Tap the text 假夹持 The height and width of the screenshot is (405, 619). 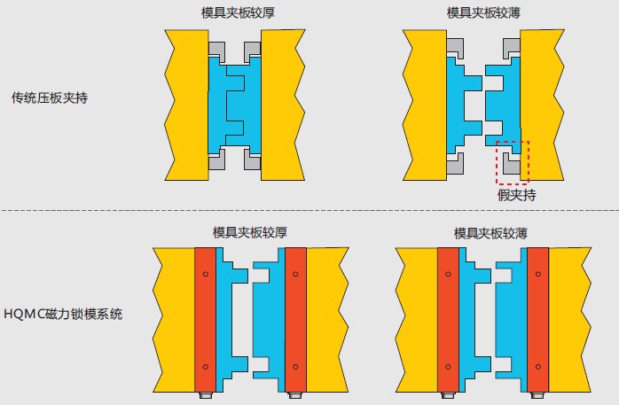[x=516, y=195]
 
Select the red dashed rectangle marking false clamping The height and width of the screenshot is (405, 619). [x=512, y=160]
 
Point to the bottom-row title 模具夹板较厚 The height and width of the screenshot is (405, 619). [x=249, y=232]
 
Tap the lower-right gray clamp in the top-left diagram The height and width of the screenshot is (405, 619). [x=254, y=160]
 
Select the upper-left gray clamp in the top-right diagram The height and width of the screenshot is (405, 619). [x=455, y=47]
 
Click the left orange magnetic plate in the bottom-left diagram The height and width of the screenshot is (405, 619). [x=205, y=319]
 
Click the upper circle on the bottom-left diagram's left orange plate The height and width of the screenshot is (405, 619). [x=205, y=275]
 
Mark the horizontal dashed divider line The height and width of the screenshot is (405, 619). [x=309, y=211]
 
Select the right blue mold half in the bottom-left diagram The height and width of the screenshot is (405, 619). [x=267, y=319]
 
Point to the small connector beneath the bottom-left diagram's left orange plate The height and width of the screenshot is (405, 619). [x=206, y=396]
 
